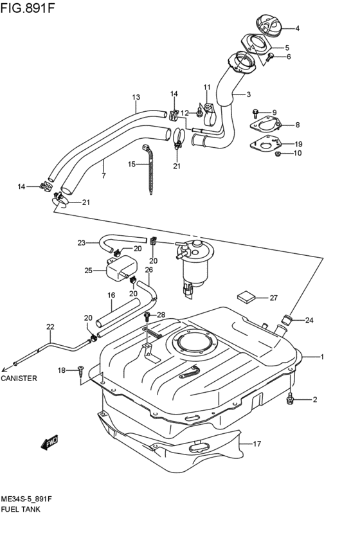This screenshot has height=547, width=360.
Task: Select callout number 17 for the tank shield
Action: click(258, 444)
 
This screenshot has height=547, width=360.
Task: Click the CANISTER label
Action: click(19, 379)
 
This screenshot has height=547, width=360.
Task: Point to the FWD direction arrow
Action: click(49, 442)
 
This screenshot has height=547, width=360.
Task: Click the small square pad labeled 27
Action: click(246, 296)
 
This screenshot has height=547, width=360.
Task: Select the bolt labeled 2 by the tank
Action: click(291, 400)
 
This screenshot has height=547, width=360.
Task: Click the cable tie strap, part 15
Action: click(152, 170)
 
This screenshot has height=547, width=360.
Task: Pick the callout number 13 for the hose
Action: click(136, 98)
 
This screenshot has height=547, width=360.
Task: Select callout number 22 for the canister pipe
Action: click(50, 327)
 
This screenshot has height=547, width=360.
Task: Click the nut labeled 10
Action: click(278, 154)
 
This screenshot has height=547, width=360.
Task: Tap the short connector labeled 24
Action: click(288, 318)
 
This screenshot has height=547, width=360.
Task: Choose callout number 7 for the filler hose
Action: click(104, 175)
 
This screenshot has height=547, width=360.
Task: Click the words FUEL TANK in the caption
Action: click(21, 508)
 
